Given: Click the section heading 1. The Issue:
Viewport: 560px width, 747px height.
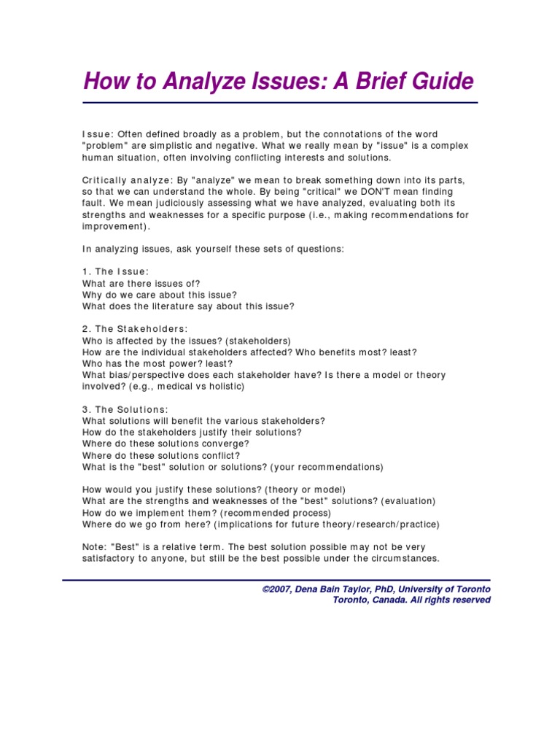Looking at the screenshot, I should (x=116, y=271).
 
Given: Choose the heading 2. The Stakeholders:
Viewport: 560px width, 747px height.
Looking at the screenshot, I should (x=135, y=329).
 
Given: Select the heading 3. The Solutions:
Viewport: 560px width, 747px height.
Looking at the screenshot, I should (x=125, y=409).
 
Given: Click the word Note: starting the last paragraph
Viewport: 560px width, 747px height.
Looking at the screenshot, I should (x=96, y=547).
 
